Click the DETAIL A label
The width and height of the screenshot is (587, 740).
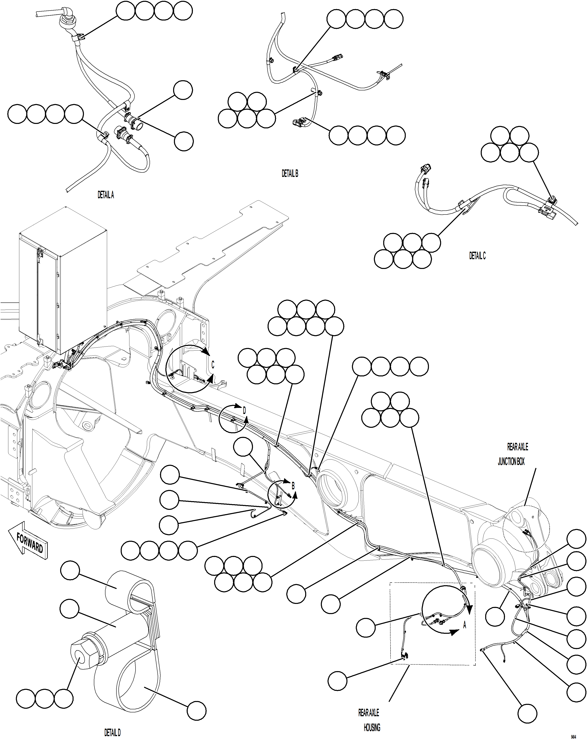(x=105, y=195)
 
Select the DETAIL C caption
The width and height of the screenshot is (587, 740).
(x=477, y=256)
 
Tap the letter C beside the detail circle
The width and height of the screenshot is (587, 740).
(x=213, y=365)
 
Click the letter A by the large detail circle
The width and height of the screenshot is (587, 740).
(x=465, y=625)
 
